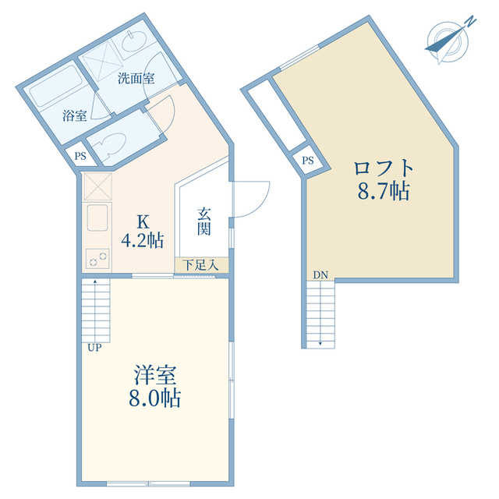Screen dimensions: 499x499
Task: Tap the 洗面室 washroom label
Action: click(136, 78)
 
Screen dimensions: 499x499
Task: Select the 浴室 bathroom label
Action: click(74, 115)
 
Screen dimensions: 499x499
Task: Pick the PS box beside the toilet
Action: click(80, 156)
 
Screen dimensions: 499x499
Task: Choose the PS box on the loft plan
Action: click(307, 161)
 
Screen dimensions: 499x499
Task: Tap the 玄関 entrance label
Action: click(204, 220)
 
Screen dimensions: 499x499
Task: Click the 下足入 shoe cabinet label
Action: click(200, 265)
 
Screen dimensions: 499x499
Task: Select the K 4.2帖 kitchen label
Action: click(142, 231)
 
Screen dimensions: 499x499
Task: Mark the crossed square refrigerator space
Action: click(97, 187)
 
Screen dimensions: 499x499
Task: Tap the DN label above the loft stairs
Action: click(320, 274)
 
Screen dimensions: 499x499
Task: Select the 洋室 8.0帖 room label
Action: click(156, 386)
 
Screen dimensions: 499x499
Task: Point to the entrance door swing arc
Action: click(253, 199)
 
